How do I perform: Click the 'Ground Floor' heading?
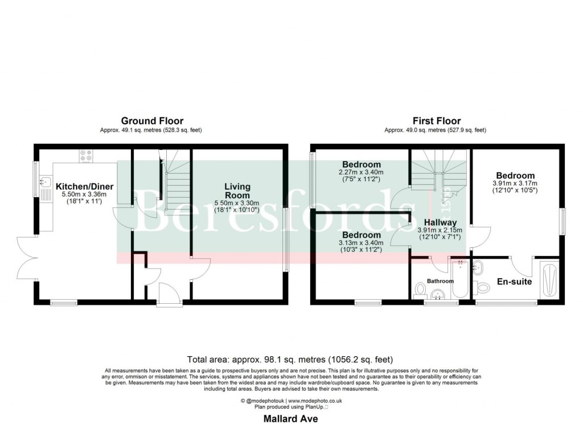click(x=152, y=121)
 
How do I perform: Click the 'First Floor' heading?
click(x=436, y=121)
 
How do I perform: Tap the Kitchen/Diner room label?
click(x=84, y=186)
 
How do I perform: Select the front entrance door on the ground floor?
click(x=169, y=295)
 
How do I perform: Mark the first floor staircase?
click(x=438, y=168)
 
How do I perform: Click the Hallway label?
click(x=440, y=222)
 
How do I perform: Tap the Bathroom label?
click(x=441, y=282)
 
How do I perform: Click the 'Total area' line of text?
click(x=290, y=360)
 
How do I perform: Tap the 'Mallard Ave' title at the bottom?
click(x=290, y=418)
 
